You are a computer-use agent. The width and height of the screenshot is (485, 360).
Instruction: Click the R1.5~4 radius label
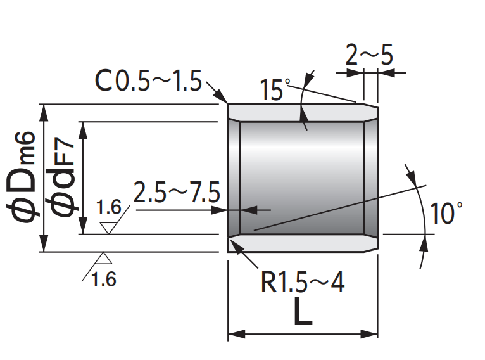pos(303,283)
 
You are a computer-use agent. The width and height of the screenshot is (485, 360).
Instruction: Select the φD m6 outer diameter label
pos(24,177)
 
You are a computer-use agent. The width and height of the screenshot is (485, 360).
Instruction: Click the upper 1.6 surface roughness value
pos(108,208)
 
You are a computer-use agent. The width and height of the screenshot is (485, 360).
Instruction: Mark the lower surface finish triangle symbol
pos(103,258)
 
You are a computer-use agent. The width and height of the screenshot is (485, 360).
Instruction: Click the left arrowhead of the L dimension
pos(233,334)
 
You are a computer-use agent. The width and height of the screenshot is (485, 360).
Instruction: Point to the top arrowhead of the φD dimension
pos(44,110)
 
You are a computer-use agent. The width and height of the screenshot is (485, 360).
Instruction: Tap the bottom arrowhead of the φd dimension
pos(82,228)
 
